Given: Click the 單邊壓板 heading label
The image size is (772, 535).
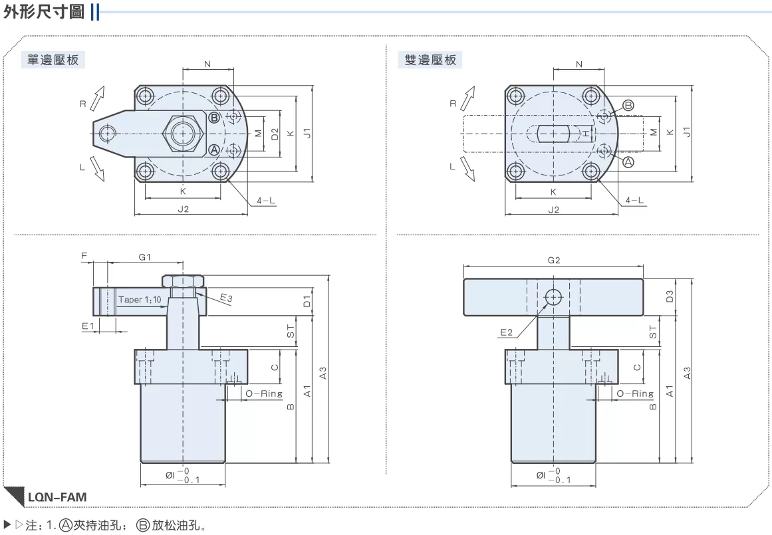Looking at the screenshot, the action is click(x=53, y=60).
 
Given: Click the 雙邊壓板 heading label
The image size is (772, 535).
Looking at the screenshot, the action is click(x=431, y=60).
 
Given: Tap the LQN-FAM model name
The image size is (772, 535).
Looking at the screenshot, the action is click(x=57, y=497).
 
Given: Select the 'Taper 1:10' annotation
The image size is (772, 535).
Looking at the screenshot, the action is click(x=140, y=299).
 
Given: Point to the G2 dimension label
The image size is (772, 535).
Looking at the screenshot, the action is click(x=554, y=260).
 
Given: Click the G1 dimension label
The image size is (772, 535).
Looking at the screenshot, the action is click(x=145, y=257).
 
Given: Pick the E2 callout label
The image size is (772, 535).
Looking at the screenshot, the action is click(x=506, y=332).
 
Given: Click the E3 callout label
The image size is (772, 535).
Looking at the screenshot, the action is click(x=226, y=298).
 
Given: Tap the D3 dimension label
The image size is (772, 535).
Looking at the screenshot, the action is click(x=669, y=296).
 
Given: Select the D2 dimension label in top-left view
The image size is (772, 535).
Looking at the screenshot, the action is click(x=275, y=134).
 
